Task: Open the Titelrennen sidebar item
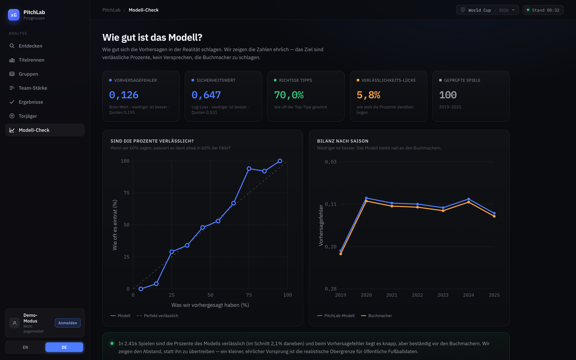point(45,60)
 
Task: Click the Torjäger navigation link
point(45,116)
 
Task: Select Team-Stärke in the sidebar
point(45,88)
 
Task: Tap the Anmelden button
point(68,323)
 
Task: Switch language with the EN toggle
point(25,347)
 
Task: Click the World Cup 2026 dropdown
point(487,10)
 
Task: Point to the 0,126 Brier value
point(124,95)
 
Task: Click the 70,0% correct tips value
point(289,95)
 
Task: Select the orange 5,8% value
point(368,95)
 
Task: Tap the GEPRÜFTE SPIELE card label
point(462,80)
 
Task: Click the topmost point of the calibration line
point(280,161)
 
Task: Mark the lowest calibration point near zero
point(141,289)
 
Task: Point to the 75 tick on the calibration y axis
point(126,193)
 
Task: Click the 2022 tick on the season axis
point(417,295)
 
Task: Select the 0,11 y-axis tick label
point(331,204)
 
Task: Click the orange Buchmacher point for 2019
point(341,254)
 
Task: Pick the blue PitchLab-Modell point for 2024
point(468,199)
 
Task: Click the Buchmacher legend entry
point(376,316)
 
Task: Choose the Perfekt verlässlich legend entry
point(157,316)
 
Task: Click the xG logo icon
point(14,15)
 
